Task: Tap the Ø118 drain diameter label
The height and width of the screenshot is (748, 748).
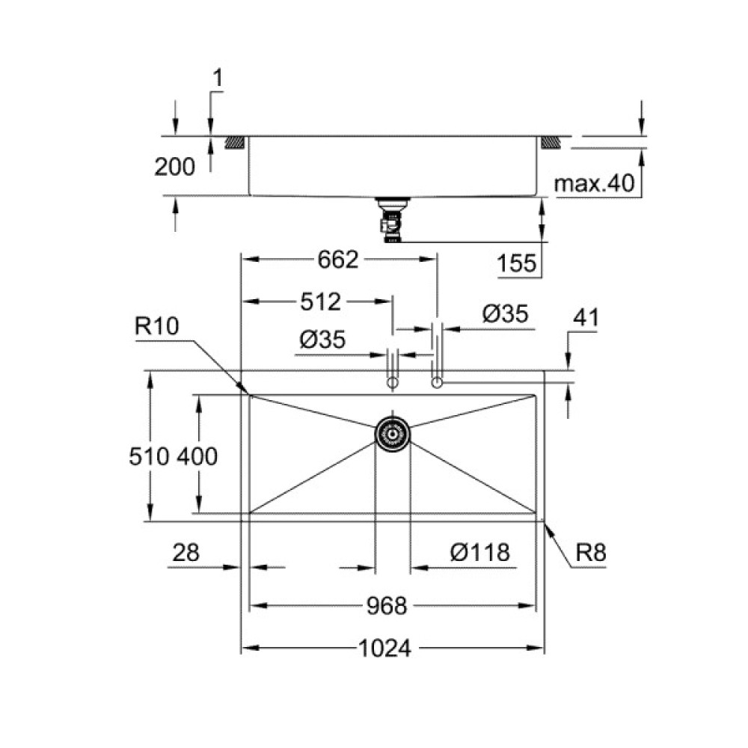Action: (x=480, y=553)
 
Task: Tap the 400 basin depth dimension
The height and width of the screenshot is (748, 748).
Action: (x=197, y=455)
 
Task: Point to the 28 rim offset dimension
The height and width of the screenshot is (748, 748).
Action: (x=186, y=553)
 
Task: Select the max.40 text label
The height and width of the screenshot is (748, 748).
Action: (x=595, y=183)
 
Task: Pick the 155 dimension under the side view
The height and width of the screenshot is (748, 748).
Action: (x=516, y=263)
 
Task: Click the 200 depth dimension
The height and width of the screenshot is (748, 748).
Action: (x=174, y=167)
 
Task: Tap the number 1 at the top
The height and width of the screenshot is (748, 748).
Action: (x=217, y=76)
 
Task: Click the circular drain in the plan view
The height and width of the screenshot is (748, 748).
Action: (x=392, y=432)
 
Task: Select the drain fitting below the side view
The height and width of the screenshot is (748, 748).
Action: (x=390, y=221)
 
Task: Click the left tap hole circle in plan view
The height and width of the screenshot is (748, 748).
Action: (x=391, y=383)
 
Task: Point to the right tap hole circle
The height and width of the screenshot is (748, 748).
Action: (x=437, y=383)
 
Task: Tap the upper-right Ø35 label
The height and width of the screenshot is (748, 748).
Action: (x=505, y=315)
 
